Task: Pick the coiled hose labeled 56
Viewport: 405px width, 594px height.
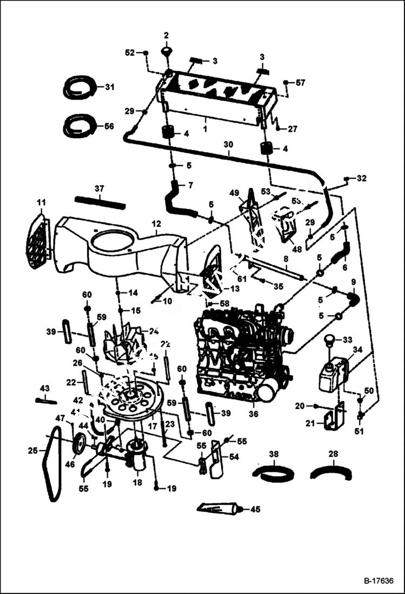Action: [79, 126]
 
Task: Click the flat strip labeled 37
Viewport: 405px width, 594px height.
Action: [100, 200]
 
